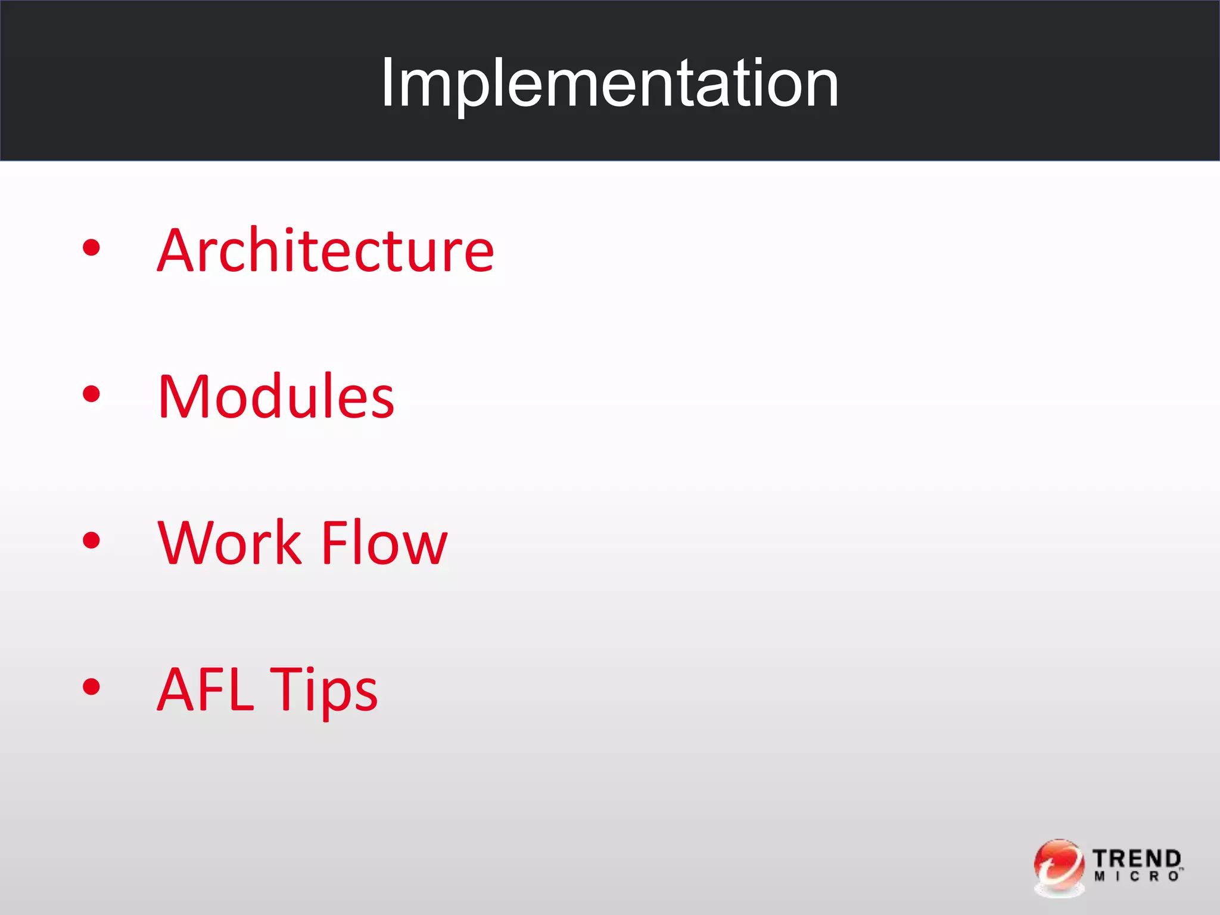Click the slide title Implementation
click(610, 83)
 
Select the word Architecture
click(325, 251)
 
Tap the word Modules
click(276, 397)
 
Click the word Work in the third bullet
click(229, 543)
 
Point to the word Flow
click(384, 543)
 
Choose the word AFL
click(205, 690)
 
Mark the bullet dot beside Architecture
click(91, 248)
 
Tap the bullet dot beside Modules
click(91, 394)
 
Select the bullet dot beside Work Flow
click(91, 540)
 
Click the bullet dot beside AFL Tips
click(91, 687)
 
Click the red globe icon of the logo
click(1059, 867)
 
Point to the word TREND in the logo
click(1137, 858)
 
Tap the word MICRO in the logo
click(1135, 876)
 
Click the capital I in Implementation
click(388, 83)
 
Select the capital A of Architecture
click(177, 251)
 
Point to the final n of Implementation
click(820, 88)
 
